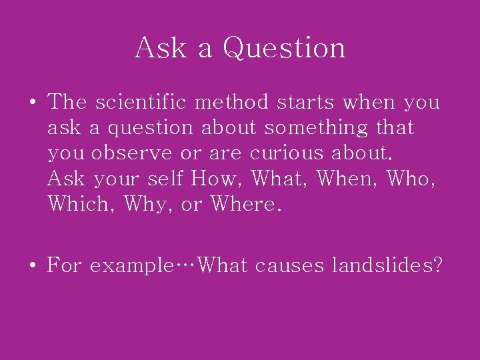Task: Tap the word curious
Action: [x=287, y=153]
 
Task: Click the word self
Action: [x=166, y=179]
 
